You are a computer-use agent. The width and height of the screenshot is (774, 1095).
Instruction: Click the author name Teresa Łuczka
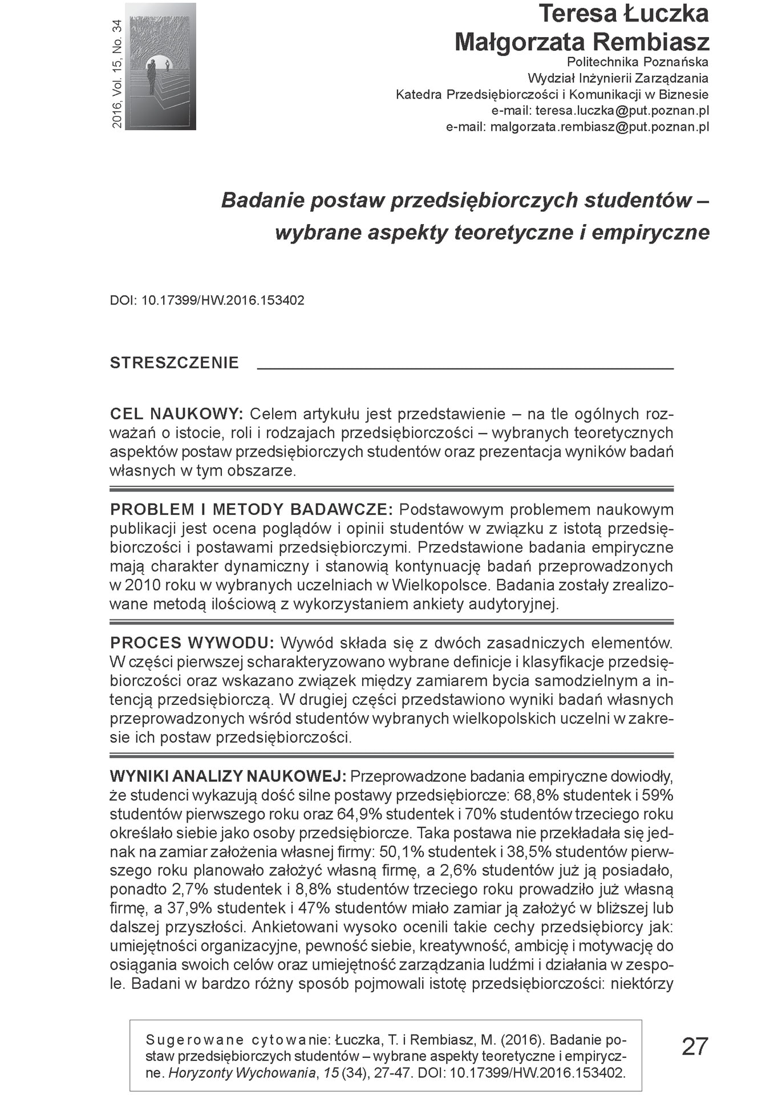point(623,14)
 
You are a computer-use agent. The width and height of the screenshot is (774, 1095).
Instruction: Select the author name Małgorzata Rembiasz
point(582,42)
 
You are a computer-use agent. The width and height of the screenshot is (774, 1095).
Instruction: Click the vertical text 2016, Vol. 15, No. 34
point(117,74)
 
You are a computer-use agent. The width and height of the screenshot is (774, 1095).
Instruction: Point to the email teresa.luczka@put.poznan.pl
point(622,111)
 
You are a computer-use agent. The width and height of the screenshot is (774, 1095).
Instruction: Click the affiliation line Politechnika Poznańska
point(637,62)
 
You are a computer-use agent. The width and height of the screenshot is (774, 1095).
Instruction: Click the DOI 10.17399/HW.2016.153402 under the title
point(222,300)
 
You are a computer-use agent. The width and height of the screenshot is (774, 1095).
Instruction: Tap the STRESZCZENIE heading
point(174,363)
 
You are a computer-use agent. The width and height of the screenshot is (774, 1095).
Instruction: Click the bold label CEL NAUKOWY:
point(176,413)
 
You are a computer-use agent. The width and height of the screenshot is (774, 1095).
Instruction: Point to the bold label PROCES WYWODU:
point(192,643)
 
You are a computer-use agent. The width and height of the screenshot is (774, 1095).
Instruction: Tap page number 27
point(695,1047)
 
